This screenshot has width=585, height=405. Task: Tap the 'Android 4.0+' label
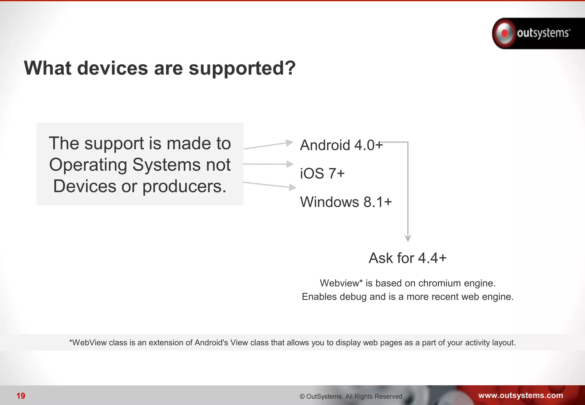click(341, 145)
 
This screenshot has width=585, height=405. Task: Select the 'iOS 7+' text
click(322, 173)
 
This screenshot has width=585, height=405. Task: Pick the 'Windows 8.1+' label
click(346, 202)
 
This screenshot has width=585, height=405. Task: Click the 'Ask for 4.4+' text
click(407, 258)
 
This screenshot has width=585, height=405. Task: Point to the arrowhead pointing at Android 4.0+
click(290, 143)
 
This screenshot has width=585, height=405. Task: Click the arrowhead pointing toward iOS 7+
click(290, 164)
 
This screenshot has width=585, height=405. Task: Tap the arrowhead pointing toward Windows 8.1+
click(292, 187)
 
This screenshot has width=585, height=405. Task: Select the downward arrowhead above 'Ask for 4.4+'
click(408, 238)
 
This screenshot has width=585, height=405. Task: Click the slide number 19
click(21, 396)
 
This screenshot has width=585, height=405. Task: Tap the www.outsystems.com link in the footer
click(520, 395)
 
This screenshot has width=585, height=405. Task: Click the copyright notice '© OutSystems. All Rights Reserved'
click(351, 396)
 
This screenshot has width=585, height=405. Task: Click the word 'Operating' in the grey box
click(88, 165)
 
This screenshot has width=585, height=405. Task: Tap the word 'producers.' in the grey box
click(184, 187)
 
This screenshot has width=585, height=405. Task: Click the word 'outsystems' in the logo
click(543, 33)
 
